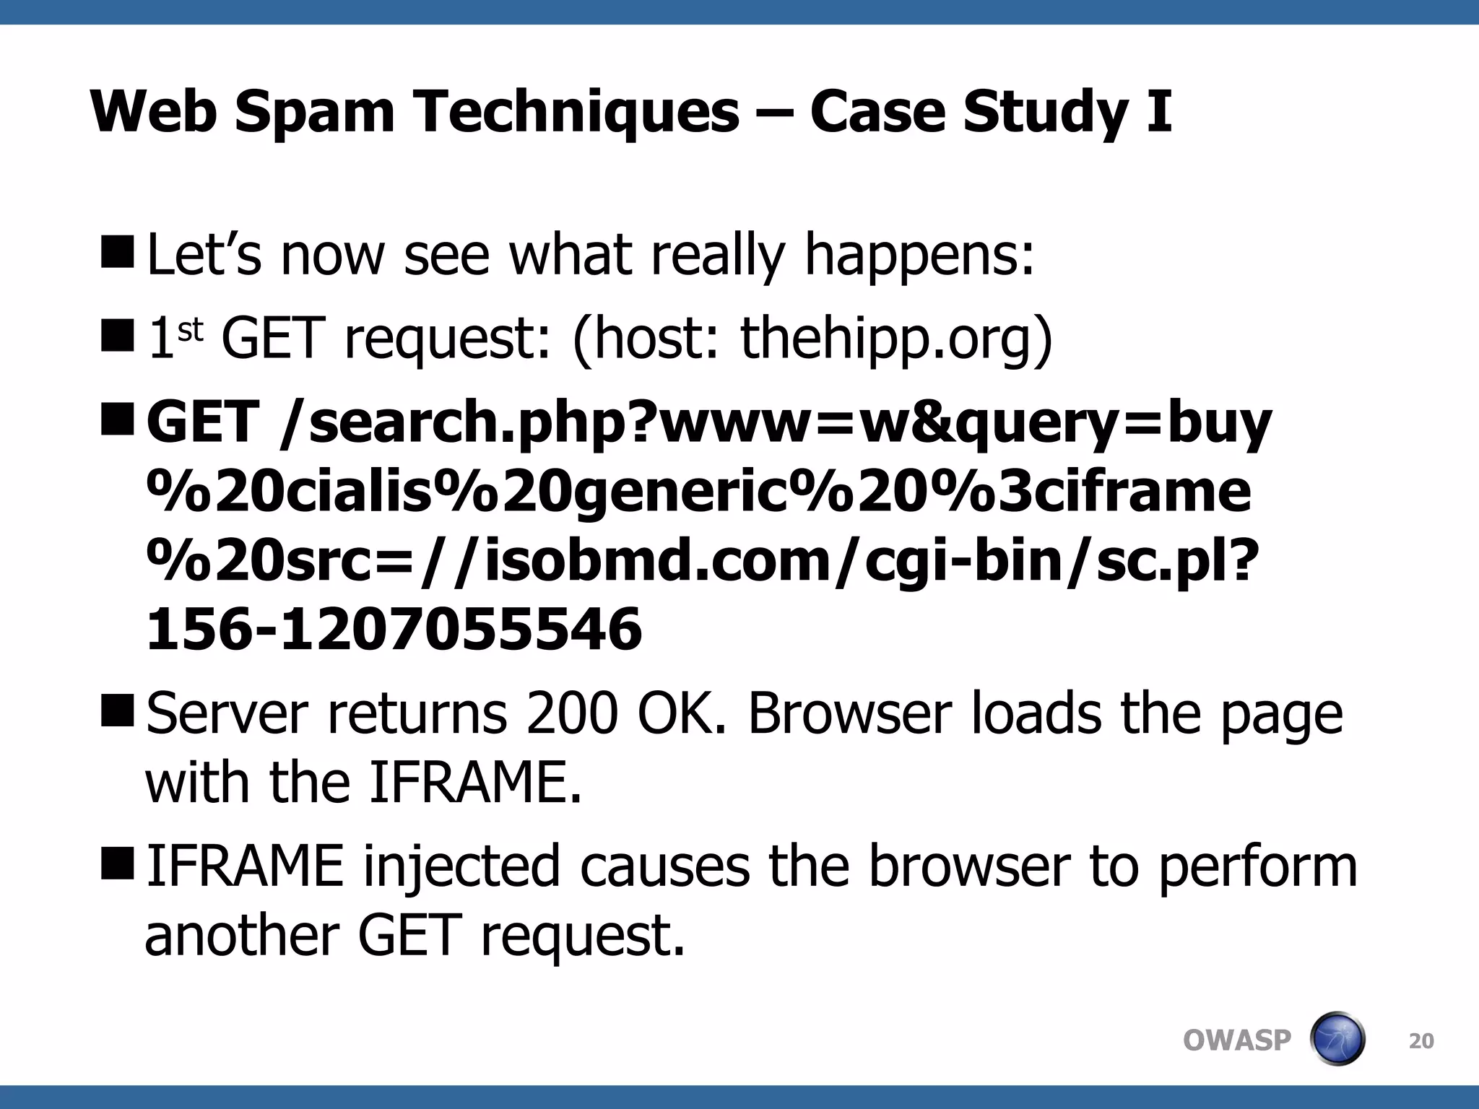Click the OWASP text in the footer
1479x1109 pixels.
click(1236, 1040)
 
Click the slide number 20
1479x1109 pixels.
click(1421, 1041)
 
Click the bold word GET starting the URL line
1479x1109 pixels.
click(203, 422)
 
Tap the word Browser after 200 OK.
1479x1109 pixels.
click(848, 713)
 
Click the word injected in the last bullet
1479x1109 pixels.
click(461, 866)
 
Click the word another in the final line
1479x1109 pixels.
click(241, 935)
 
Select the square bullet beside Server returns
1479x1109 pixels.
click(118, 709)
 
